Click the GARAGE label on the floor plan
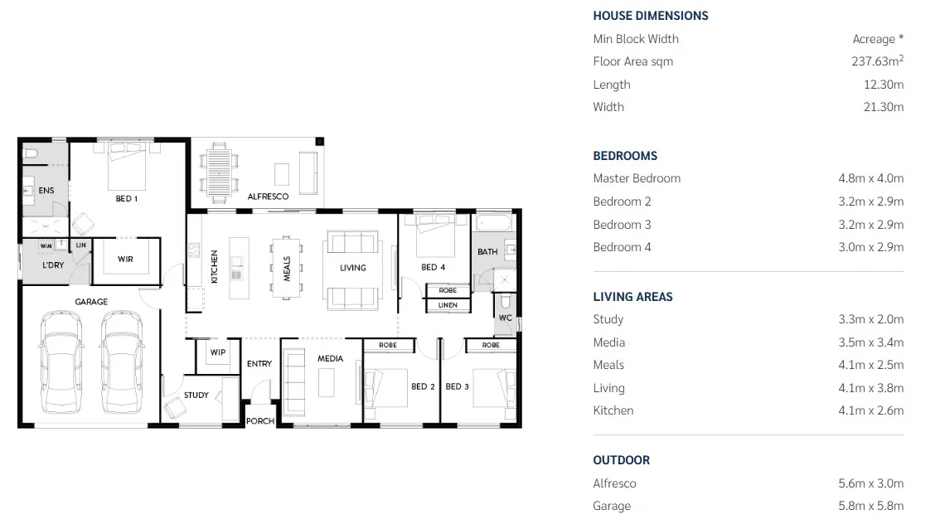click(91, 302)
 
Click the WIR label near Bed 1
click(125, 260)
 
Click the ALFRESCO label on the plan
click(268, 197)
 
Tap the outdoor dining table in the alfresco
click(219, 171)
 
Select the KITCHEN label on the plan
click(213, 267)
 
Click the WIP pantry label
click(218, 352)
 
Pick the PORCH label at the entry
click(260, 421)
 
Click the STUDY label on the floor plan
click(196, 395)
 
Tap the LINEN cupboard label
click(448, 305)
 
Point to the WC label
click(505, 318)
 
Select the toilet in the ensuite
click(30, 153)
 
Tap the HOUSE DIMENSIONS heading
click(650, 16)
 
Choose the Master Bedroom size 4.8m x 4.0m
click(870, 178)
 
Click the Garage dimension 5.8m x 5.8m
click(870, 506)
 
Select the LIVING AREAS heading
click(632, 297)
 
